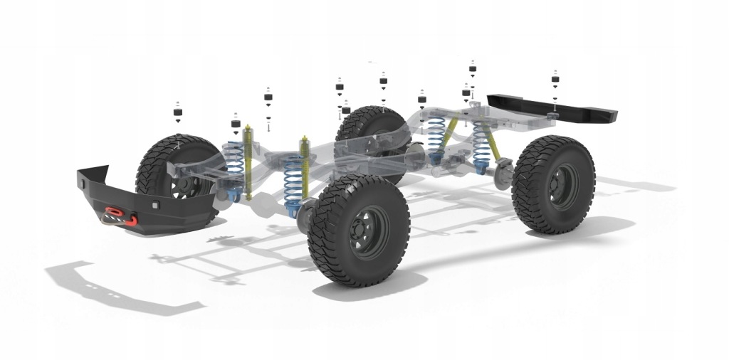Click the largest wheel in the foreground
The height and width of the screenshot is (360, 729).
tap(359, 231)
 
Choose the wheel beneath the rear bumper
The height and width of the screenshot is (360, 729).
tap(553, 184)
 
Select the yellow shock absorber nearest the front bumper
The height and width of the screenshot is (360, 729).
tap(248, 161)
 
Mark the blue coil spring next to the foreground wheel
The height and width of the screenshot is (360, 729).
tap(292, 185)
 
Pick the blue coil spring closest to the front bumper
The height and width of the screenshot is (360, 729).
tap(234, 167)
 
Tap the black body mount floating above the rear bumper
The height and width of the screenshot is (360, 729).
tap(555, 79)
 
